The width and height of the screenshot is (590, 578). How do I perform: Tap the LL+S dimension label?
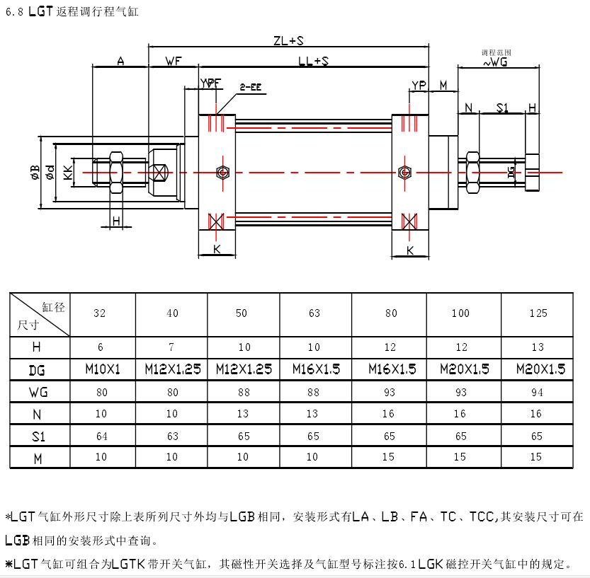[312, 62]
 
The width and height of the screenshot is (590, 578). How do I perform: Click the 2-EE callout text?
[250, 87]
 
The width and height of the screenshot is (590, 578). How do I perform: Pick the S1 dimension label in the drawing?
[502, 108]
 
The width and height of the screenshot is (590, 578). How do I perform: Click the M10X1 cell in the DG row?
[102, 369]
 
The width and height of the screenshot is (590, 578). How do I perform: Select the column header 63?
[314, 313]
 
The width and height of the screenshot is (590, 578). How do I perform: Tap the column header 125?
[538, 313]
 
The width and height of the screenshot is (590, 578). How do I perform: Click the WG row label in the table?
[39, 391]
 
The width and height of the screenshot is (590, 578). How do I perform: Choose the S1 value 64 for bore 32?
[102, 436]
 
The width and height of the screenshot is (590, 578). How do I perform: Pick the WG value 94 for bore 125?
[538, 391]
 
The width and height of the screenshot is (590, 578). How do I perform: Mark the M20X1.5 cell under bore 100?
[465, 369]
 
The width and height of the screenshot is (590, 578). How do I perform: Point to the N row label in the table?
[39, 413]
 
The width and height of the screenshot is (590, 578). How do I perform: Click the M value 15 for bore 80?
[390, 458]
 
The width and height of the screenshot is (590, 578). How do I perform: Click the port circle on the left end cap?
[222, 172]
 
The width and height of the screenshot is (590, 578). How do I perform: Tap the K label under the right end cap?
[410, 250]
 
